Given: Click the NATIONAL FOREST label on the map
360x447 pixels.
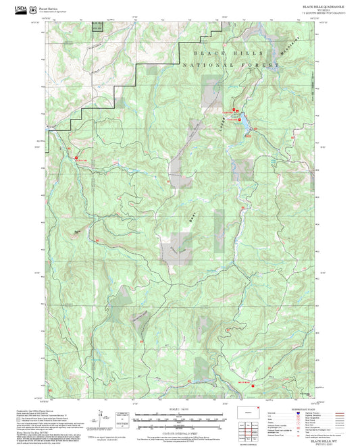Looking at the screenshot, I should point(231,65).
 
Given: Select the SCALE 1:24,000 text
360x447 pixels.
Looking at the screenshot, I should point(179,409).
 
